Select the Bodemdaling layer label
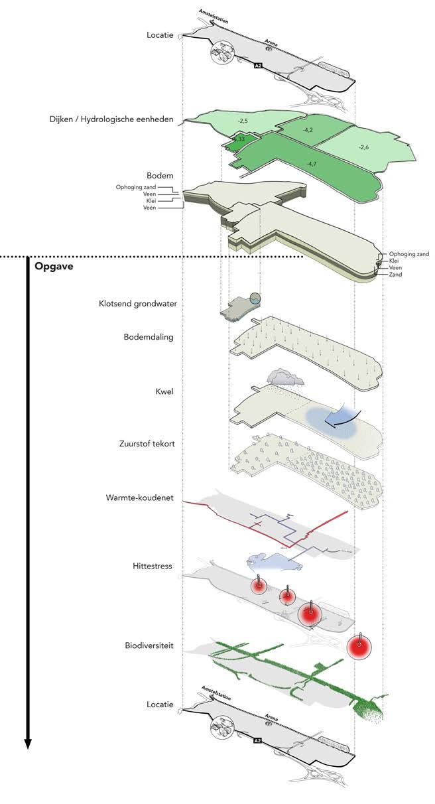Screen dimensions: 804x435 click(149, 337)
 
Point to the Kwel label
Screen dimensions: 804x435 click(162, 392)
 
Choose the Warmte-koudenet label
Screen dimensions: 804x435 click(139, 498)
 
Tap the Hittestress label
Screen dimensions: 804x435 click(153, 567)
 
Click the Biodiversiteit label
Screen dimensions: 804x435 click(149, 645)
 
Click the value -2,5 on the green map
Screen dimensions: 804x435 click(243, 121)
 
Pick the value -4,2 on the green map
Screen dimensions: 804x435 click(308, 130)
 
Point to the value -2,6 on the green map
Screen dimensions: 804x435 click(363, 147)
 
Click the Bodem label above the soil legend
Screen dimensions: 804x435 click(160, 176)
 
